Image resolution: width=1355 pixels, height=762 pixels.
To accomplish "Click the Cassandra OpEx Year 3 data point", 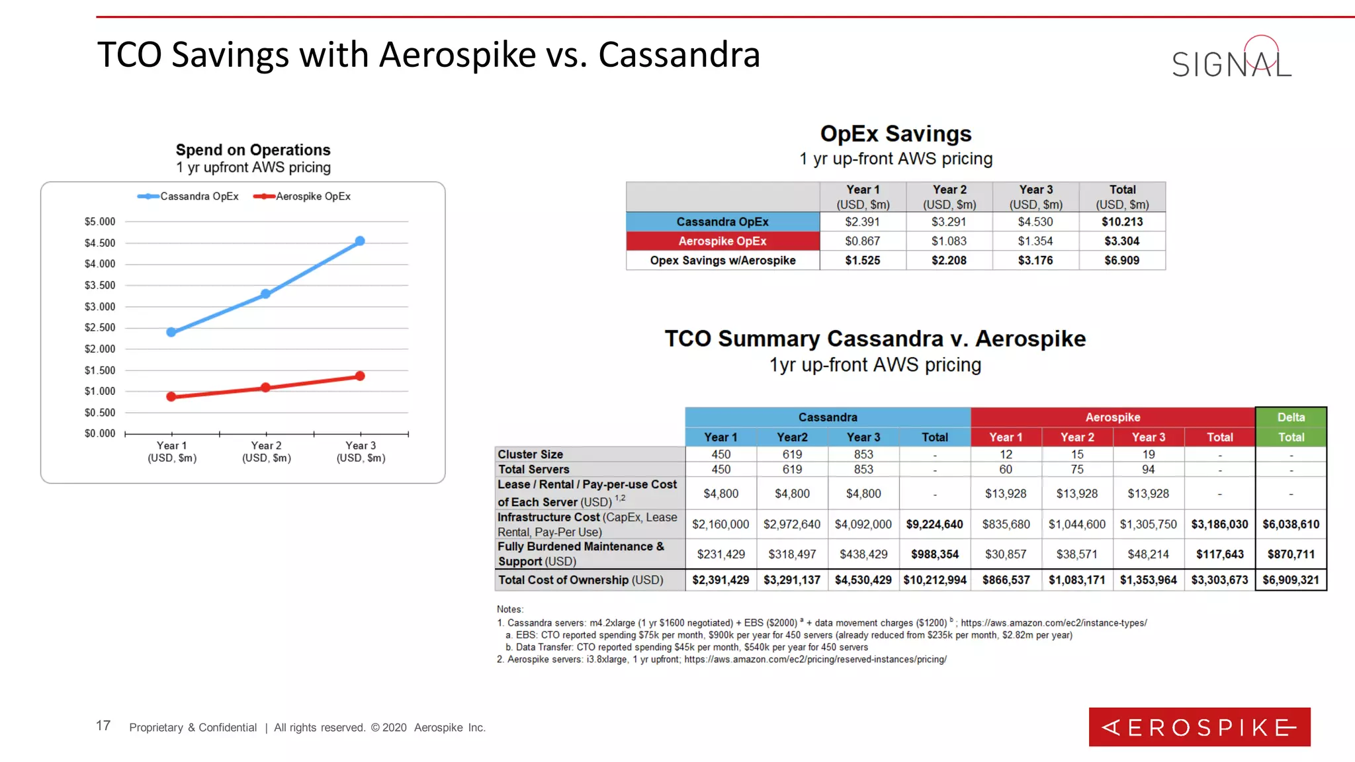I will coord(360,241).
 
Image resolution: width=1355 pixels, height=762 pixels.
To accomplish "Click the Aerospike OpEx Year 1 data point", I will coord(171,397).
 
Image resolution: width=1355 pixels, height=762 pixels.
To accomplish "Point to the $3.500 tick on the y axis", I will coord(100,285).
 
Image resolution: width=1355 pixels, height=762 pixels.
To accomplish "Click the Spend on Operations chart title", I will coord(253,150).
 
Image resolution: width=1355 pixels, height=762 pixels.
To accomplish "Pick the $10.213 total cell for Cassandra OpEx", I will coord(1122,222).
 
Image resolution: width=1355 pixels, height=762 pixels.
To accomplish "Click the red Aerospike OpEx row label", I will coord(722,241).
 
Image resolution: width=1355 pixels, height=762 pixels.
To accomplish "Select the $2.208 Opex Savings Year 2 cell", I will coord(949,261).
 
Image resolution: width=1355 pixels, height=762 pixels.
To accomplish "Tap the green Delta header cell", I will coord(1291,417).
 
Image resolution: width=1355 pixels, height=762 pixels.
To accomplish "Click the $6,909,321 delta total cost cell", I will coord(1291,580).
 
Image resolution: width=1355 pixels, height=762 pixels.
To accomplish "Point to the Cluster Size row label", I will coord(531,454).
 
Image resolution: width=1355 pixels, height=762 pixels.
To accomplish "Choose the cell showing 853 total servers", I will coord(863,470).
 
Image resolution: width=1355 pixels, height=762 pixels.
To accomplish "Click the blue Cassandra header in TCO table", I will coord(828,417).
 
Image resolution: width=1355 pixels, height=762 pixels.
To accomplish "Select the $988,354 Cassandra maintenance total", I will coord(934,554).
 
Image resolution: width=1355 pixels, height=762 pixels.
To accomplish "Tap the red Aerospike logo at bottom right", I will coord(1199,727).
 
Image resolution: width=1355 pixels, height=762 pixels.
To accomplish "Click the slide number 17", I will coord(103,726).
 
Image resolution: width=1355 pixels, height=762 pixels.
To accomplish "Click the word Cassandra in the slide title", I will coord(679,55).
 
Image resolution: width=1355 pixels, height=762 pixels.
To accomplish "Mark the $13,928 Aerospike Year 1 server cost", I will coord(1005,494).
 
